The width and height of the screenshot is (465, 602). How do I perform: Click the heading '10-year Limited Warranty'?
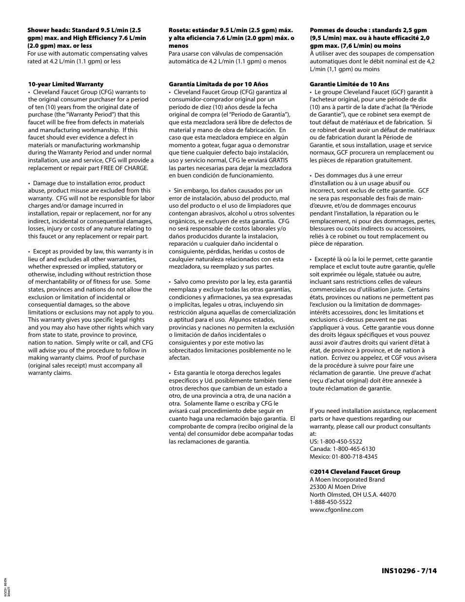65,84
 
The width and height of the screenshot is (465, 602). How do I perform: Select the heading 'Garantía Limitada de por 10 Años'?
218,84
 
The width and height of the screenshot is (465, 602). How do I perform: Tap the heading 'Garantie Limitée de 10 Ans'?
349,84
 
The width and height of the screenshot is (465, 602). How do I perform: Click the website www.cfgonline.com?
336,510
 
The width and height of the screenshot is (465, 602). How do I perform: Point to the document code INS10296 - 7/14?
406,570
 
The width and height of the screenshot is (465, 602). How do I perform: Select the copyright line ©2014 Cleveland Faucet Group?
355,472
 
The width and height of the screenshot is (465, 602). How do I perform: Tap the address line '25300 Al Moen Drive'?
338,487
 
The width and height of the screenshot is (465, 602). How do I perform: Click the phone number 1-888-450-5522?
330,502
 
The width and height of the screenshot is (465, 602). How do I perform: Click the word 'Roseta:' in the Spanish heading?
180,30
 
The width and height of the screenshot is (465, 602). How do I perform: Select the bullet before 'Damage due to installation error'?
29,183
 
